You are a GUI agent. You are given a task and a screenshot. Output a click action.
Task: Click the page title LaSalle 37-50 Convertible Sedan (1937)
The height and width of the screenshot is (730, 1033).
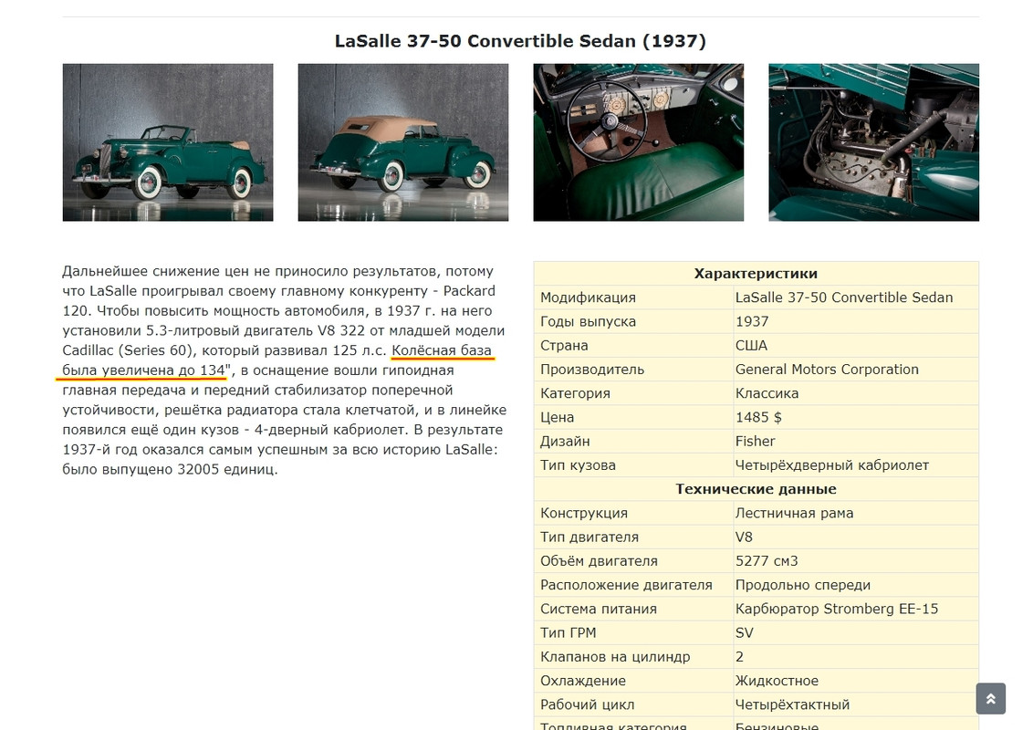click(520, 41)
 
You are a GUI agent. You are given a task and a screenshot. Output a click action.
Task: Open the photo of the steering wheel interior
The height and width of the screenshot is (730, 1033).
click(638, 142)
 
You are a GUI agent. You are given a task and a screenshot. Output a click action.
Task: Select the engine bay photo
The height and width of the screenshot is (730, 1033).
click(873, 142)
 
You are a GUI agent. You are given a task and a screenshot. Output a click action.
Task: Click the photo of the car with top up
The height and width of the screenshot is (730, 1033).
click(402, 142)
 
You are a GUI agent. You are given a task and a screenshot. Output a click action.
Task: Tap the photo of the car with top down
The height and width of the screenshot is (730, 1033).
click(167, 142)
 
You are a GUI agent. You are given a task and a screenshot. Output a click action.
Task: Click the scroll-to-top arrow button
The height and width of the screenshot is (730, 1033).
click(990, 699)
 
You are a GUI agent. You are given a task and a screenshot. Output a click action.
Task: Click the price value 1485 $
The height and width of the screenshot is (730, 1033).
click(758, 417)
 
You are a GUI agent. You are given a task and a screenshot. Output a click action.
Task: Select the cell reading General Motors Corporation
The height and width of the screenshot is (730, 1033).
click(827, 370)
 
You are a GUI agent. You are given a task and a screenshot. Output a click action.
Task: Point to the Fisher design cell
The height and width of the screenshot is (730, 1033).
click(755, 441)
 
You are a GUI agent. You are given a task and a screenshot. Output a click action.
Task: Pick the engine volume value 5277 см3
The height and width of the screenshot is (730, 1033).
click(767, 561)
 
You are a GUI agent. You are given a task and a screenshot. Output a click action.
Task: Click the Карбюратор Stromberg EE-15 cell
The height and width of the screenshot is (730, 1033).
click(836, 609)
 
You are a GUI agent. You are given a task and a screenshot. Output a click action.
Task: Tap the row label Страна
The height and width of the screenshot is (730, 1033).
click(564, 346)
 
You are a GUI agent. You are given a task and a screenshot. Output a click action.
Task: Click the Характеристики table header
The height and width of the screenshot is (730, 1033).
click(756, 274)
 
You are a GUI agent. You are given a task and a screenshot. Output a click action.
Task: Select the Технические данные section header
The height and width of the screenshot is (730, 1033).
click(756, 489)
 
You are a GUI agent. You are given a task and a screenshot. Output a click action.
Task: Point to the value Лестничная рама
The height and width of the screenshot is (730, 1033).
click(794, 513)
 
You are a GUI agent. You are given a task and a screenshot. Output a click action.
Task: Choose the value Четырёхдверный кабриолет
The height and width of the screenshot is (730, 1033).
click(831, 465)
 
